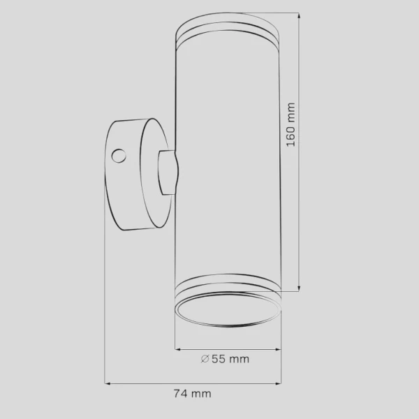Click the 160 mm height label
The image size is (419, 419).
[291, 124]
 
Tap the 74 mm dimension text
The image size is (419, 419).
[193, 394]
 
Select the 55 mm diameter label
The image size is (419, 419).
[225, 359]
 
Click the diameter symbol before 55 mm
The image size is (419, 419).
[205, 359]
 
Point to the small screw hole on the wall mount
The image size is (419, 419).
[119, 156]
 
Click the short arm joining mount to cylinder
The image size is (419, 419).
[168, 172]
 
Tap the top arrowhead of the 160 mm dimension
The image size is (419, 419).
[299, 15]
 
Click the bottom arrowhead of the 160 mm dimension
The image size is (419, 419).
[299, 288]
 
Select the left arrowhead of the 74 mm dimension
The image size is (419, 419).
[107, 383]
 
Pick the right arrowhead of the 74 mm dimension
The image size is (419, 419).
[278, 383]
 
